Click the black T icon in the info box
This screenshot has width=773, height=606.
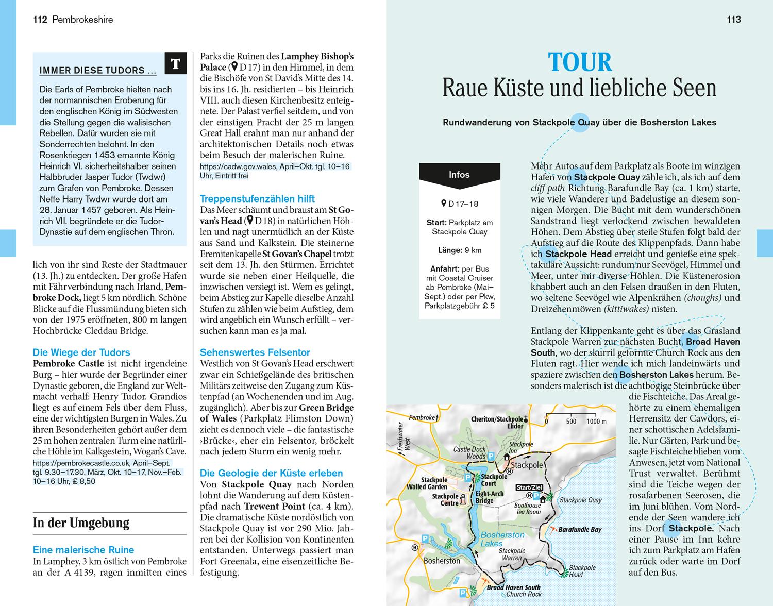(175, 64)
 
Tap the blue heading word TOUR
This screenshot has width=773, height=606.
(580, 62)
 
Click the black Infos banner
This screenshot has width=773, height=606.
(459, 175)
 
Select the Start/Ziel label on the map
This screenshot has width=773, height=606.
(529, 487)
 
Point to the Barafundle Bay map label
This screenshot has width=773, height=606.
(579, 530)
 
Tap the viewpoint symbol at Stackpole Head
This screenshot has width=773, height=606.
(566, 571)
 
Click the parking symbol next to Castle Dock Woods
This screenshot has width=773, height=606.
(491, 456)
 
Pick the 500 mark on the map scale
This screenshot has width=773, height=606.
(571, 421)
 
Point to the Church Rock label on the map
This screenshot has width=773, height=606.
(524, 594)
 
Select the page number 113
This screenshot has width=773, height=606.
(733, 20)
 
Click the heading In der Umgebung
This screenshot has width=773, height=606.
(81, 523)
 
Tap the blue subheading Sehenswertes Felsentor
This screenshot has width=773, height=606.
(255, 352)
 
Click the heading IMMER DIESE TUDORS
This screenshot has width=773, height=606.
(92, 71)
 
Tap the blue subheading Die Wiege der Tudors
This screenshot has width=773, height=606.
(81, 352)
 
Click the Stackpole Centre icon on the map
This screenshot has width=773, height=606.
(463, 499)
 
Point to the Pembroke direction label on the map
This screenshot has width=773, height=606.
(422, 417)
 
